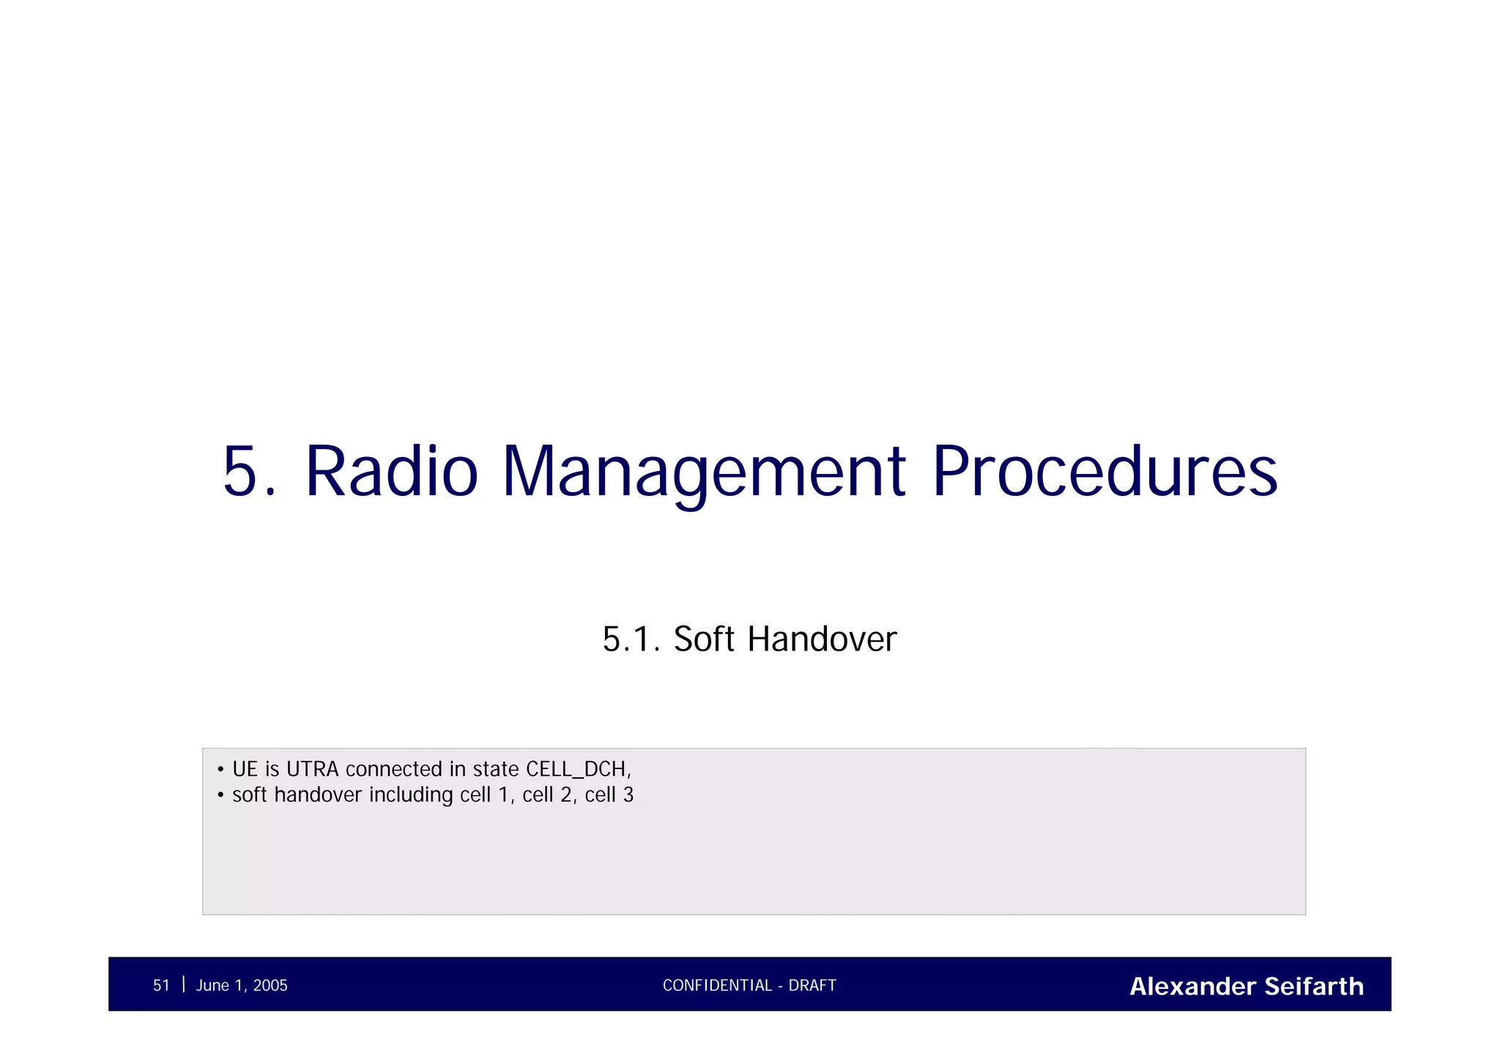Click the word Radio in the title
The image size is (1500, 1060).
(391, 472)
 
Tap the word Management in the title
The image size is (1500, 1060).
(704, 472)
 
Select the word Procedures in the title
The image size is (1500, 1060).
(1104, 472)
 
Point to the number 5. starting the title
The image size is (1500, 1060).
(249, 472)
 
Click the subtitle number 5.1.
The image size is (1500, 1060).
(631, 639)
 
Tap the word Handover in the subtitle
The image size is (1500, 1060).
(822, 639)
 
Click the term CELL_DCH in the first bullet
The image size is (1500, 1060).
(577, 769)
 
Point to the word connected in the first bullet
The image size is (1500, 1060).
(394, 769)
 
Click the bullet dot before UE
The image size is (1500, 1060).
(220, 770)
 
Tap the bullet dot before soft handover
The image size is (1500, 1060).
(220, 796)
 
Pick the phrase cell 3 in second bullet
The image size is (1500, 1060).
(609, 795)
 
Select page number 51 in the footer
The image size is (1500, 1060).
(161, 985)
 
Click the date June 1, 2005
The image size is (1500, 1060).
(242, 985)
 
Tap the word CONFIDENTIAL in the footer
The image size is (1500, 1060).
(717, 985)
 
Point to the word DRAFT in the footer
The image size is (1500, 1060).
(812, 985)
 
